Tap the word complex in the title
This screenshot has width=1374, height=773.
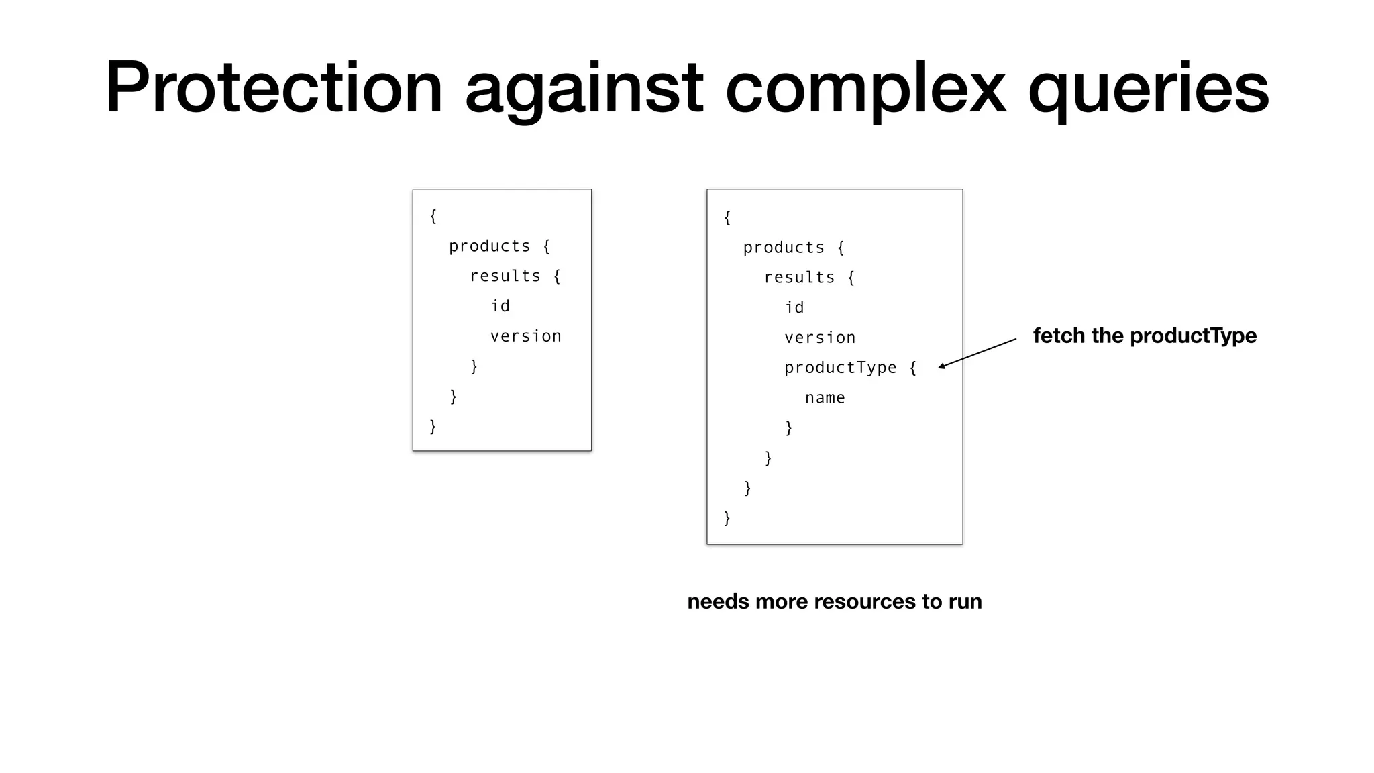(x=865, y=88)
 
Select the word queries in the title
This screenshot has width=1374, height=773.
(x=1148, y=88)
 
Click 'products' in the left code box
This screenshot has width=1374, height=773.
(x=489, y=246)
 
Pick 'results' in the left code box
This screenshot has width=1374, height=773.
(x=505, y=276)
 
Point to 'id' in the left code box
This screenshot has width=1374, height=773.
(x=500, y=306)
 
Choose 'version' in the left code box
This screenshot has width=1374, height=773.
(x=525, y=336)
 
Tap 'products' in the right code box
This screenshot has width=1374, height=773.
(x=783, y=248)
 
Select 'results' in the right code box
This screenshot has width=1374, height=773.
(x=799, y=277)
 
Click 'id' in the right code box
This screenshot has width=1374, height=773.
(x=794, y=307)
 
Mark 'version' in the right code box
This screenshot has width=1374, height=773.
(x=820, y=337)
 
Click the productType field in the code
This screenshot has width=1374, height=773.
(x=840, y=367)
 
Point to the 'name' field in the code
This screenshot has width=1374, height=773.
(x=825, y=397)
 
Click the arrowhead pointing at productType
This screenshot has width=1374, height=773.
(x=942, y=366)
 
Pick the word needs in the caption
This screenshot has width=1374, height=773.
(x=718, y=601)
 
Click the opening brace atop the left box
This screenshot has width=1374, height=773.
(x=433, y=216)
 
